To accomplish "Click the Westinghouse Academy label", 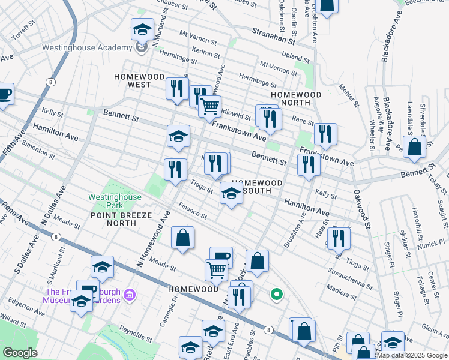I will [87, 48].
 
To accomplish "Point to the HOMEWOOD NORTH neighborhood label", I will [295, 99].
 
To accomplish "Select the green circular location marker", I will [276, 294].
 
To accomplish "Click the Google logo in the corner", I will [20, 353].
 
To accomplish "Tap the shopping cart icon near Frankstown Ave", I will [209, 107].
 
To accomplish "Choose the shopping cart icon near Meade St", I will [216, 269].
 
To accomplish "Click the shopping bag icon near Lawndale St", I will [415, 147].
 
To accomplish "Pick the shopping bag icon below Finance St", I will [183, 238].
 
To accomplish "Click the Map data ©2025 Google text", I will [412, 355].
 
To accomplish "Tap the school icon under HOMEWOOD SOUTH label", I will [231, 193].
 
